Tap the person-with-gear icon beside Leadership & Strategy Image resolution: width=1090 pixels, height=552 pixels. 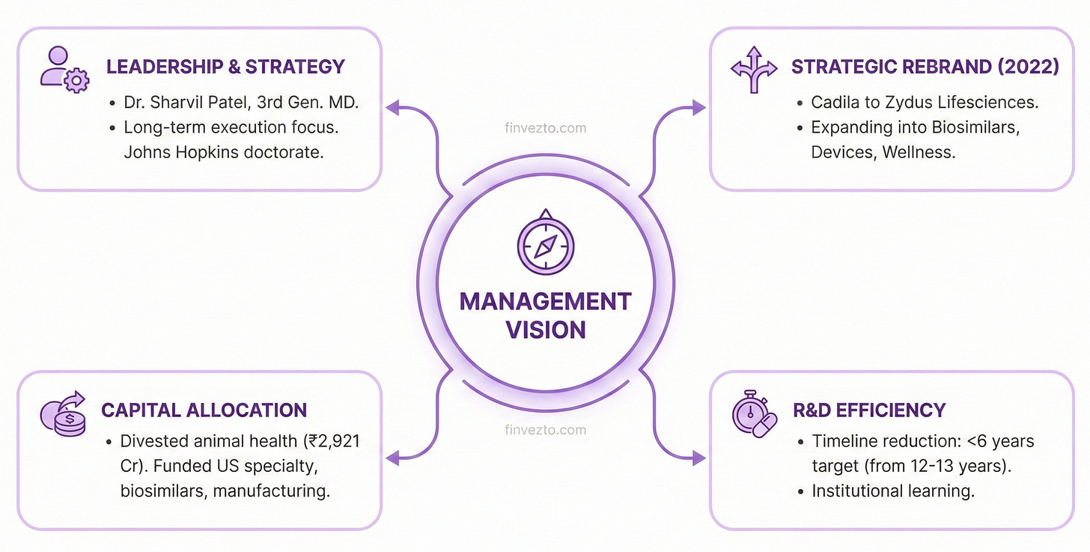[64, 69]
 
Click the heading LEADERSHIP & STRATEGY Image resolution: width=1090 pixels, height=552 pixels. [225, 67]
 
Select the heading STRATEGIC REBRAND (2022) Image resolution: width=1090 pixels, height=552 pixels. [925, 67]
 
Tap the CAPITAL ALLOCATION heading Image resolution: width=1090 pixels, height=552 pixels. [204, 410]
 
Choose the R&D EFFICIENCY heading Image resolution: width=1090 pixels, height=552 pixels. [869, 410]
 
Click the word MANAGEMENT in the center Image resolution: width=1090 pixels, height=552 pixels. [545, 302]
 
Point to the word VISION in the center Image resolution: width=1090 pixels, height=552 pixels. [545, 330]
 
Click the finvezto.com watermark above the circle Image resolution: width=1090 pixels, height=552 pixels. [545, 128]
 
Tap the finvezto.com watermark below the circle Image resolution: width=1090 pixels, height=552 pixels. [545, 430]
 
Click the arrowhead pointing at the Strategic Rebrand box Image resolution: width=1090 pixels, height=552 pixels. [699, 109]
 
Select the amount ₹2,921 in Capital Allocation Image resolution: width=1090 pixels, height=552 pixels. [329, 442]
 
